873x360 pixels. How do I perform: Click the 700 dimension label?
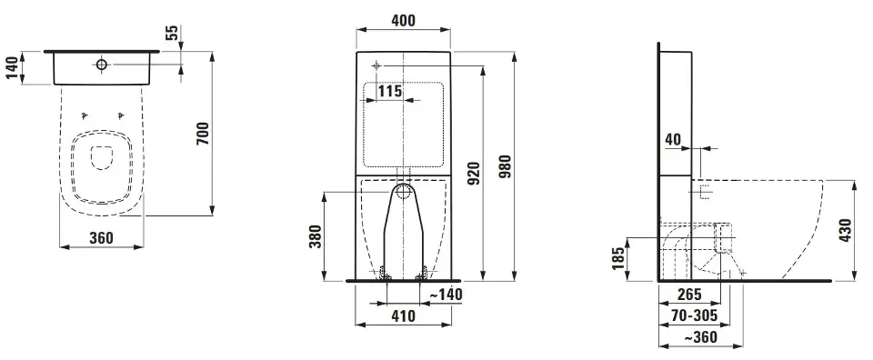point(203,134)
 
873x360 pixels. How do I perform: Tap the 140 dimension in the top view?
point(12,68)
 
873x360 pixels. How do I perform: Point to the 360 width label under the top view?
point(101,238)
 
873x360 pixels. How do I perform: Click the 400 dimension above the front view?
point(403,21)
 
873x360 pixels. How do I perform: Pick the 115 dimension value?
point(390,91)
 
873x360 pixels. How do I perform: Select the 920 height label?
point(475,173)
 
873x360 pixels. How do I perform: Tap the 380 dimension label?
point(315,237)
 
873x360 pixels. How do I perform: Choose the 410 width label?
point(403,316)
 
